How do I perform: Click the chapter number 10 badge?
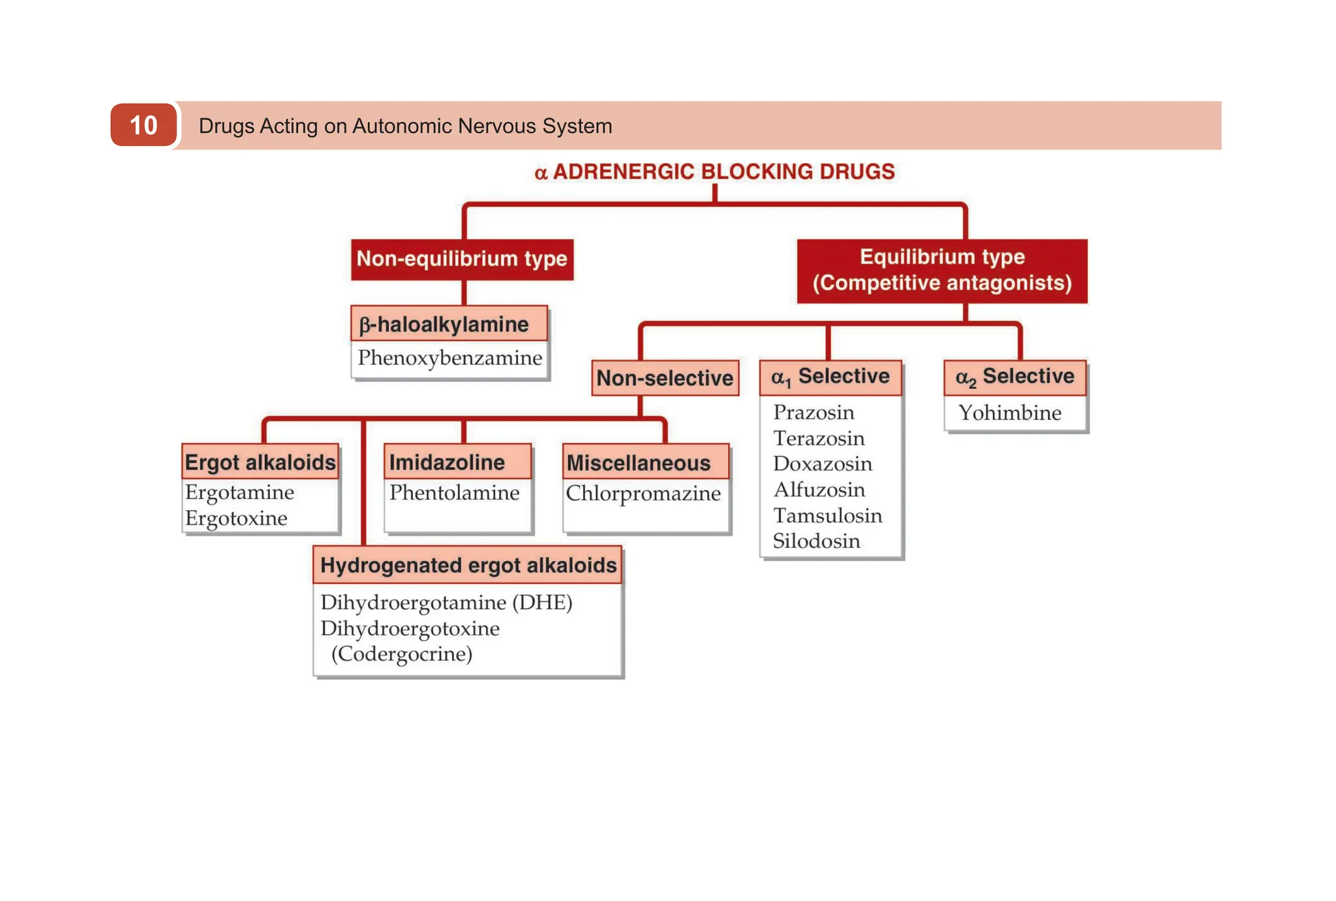pyautogui.click(x=144, y=125)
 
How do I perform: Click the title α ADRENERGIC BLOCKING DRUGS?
pyautogui.click(x=715, y=172)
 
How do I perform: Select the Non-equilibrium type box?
pyautogui.click(x=462, y=259)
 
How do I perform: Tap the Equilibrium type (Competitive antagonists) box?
pyautogui.click(x=942, y=270)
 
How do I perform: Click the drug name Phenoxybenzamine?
pyautogui.click(x=450, y=358)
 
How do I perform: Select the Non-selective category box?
pyautogui.click(x=665, y=378)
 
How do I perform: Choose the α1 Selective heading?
pyautogui.click(x=830, y=377)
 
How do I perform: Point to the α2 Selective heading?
pyautogui.click(x=1015, y=377)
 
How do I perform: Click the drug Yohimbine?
pyautogui.click(x=1010, y=413)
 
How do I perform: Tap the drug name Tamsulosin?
pyautogui.click(x=827, y=515)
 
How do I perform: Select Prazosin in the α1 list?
pyautogui.click(x=813, y=412)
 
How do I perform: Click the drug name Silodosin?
pyautogui.click(x=816, y=542)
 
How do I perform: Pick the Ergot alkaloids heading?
pyautogui.click(x=260, y=462)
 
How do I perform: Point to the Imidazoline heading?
pyautogui.click(x=448, y=462)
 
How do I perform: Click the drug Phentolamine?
pyautogui.click(x=455, y=493)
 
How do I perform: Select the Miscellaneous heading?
pyautogui.click(x=639, y=463)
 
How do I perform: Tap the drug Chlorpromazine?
pyautogui.click(x=643, y=493)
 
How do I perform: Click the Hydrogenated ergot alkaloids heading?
pyautogui.click(x=468, y=565)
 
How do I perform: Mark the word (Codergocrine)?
pyautogui.click(x=402, y=654)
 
